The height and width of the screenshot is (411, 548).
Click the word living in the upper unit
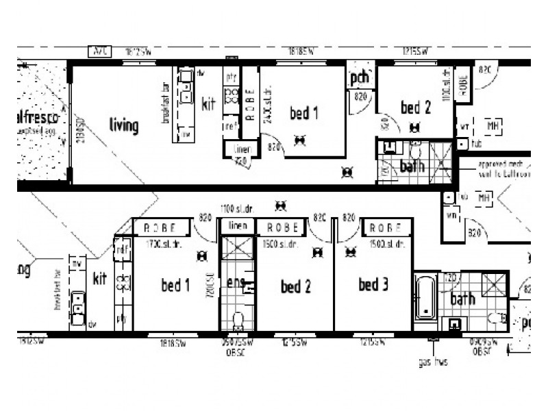click(x=124, y=125)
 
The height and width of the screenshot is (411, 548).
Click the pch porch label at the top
click(x=360, y=79)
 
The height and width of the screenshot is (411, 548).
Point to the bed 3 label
click(x=373, y=284)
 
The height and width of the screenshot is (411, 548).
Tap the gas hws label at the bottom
click(x=432, y=362)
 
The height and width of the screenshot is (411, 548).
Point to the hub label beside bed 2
click(x=477, y=145)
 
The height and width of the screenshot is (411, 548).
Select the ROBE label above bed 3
click(x=386, y=228)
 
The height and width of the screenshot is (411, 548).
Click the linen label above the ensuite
click(x=237, y=226)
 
